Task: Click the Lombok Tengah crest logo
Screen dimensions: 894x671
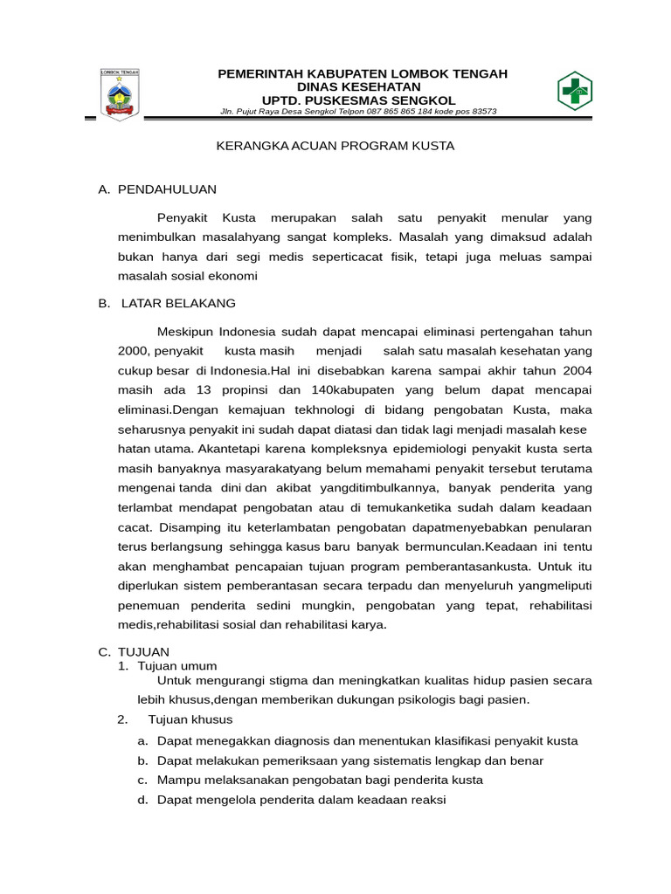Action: pyautogui.click(x=120, y=94)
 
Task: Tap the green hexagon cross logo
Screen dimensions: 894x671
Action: pyautogui.click(x=575, y=91)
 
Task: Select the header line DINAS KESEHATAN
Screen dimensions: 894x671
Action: pyautogui.click(x=362, y=86)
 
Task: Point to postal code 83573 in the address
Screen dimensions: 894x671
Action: pyautogui.click(x=481, y=111)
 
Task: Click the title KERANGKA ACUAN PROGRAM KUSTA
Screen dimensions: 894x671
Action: pyautogui.click(x=335, y=146)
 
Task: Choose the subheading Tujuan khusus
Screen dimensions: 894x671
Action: pyautogui.click(x=190, y=719)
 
